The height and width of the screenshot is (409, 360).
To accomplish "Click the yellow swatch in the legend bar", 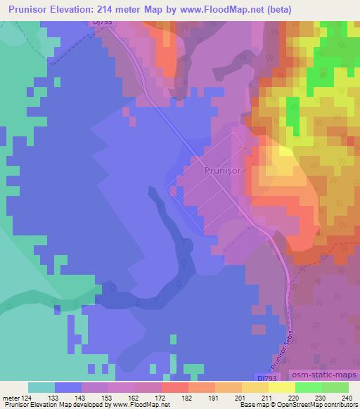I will click(x=255, y=387).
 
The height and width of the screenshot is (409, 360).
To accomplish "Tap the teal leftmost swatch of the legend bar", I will click(x=41, y=387).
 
